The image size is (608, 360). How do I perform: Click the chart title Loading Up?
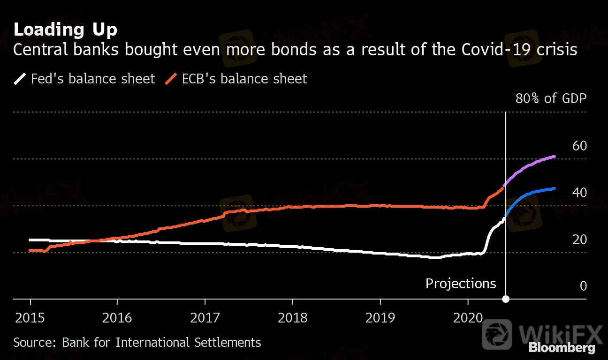tap(65, 30)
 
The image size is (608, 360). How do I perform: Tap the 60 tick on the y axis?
tap(579, 146)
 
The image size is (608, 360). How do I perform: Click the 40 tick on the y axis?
tap(579, 193)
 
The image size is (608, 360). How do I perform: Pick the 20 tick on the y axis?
tap(579, 240)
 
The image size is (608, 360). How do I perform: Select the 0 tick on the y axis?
tap(583, 286)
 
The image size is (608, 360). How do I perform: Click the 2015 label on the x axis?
tap(30, 318)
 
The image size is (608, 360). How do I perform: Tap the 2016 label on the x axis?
tap(117, 318)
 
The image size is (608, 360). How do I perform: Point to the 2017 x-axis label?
tap(205, 318)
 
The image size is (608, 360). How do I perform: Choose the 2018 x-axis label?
tap(292, 318)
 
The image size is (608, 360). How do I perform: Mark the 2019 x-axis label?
tap(380, 318)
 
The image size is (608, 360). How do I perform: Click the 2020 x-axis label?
tap(468, 318)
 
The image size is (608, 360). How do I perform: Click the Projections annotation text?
tap(461, 284)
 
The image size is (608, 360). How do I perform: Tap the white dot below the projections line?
tap(506, 299)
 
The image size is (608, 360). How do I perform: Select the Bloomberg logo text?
tap(562, 348)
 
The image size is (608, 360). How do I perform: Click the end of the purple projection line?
tap(555, 157)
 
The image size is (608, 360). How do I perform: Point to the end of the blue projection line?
tap(555, 188)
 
